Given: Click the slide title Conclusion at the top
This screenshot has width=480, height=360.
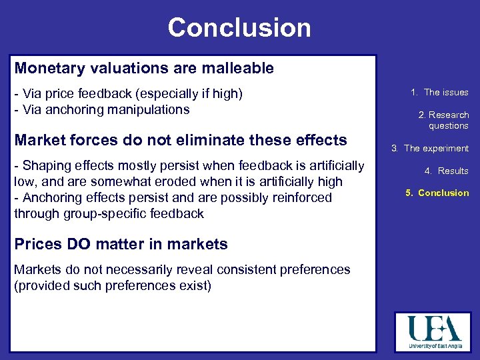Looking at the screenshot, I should point(239,28).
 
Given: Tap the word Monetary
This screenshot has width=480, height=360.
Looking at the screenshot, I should point(45,68).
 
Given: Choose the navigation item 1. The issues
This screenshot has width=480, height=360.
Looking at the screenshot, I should point(439,93).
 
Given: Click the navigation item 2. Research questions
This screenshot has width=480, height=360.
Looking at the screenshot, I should point(443,120).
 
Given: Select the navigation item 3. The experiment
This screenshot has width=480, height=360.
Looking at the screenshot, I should point(430,149).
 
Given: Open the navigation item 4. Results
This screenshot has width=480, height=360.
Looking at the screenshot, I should point(446,171).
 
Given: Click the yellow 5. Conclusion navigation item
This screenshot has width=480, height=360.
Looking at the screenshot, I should point(437,193).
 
